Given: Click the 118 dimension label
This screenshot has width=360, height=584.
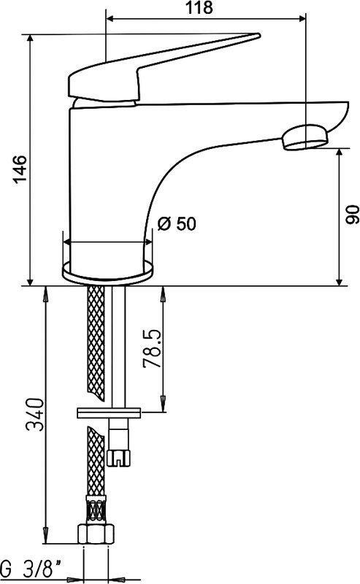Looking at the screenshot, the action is pos(199,7).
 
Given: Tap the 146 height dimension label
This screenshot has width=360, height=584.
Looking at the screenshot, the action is pos(20,169).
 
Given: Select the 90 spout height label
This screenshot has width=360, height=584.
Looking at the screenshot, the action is pos(352,214).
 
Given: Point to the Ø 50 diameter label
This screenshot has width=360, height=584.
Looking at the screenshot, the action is pos(177,223).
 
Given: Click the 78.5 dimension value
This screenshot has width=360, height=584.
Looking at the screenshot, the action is pos(153,349).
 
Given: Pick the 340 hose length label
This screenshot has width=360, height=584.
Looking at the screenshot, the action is pos(35,414).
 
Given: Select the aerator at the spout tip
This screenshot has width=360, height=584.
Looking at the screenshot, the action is pos(305,137).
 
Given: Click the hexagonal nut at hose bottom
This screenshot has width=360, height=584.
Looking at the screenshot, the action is pos(96,534).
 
